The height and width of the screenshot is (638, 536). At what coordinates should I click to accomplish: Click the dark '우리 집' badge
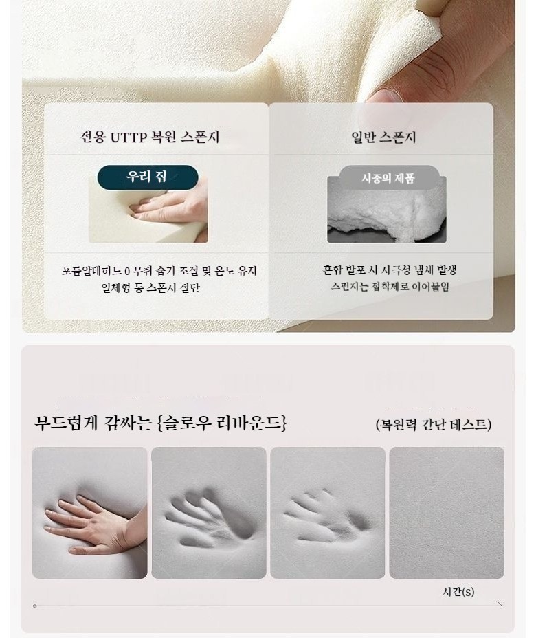coord(148,177)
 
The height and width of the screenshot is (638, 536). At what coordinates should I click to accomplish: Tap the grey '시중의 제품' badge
coord(388,178)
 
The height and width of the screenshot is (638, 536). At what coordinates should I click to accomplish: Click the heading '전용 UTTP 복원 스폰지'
coord(150,137)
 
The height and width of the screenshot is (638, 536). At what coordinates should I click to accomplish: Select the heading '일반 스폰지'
coord(383,137)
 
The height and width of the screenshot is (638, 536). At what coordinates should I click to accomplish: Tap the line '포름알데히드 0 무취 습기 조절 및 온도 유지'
coord(159,271)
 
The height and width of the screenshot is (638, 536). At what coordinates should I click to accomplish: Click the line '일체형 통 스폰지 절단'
coord(150,287)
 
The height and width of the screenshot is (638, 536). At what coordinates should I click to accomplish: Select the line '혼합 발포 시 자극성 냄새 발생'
coord(390,269)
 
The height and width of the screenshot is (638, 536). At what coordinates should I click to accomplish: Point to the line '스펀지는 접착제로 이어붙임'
coord(390,287)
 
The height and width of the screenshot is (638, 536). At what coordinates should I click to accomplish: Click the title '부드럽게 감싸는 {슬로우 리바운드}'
coord(161,423)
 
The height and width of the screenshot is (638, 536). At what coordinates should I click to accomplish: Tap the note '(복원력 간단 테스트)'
coord(434,424)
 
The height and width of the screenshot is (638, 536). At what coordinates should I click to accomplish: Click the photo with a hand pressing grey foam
coord(90,513)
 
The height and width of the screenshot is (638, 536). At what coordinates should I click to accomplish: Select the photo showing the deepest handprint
coord(209,513)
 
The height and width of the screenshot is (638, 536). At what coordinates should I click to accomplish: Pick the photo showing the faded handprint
coord(328,513)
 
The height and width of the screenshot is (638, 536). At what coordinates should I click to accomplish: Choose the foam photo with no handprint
coord(447,513)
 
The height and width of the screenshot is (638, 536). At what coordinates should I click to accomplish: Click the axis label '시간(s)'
coord(458,592)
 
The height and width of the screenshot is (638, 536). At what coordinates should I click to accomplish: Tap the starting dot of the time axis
coord(35,606)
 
